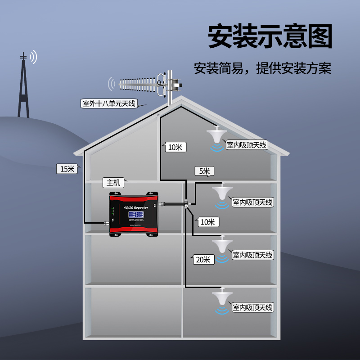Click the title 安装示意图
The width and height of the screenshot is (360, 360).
[270, 36]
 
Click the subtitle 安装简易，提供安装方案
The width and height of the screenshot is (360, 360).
[262, 69]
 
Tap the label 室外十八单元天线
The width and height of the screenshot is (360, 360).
[108, 103]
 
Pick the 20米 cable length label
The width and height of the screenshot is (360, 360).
[202, 259]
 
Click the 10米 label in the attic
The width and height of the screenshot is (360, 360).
[174, 147]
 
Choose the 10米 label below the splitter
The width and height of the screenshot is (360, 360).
[207, 221]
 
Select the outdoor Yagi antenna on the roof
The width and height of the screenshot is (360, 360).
[144, 84]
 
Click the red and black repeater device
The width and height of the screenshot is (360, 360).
[135, 213]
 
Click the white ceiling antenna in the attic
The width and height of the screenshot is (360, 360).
[218, 135]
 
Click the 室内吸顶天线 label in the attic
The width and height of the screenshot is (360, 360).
[247, 145]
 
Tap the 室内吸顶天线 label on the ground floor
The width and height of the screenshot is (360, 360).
[252, 308]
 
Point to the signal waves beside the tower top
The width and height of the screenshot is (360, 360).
[33, 57]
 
